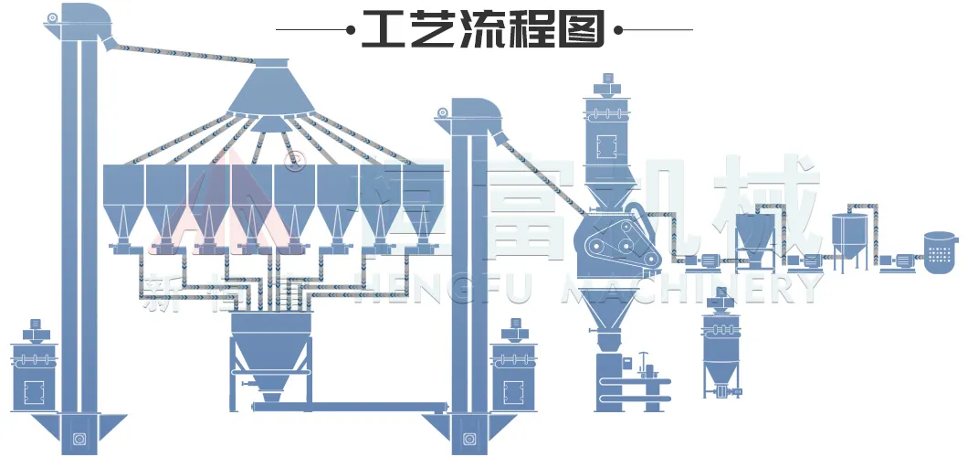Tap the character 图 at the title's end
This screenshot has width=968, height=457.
[x=584, y=29]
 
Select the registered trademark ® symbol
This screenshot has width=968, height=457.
[x=294, y=162]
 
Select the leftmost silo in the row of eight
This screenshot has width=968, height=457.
[x=123, y=201]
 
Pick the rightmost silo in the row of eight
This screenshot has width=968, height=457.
[x=421, y=201]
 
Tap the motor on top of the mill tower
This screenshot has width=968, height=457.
[x=605, y=84]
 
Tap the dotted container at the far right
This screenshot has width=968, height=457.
[x=941, y=251]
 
